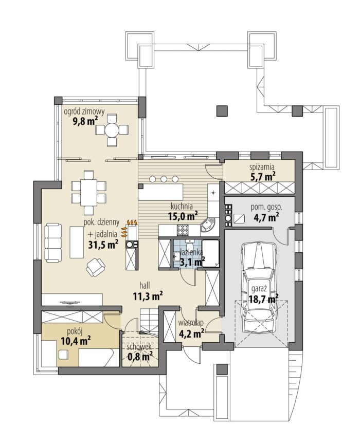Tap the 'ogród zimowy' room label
coord(84,111)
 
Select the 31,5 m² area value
coord(103,244)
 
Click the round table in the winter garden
coord(112,129)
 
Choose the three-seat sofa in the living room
coord(53,243)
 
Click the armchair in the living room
coord(95,266)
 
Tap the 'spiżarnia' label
coord(262,167)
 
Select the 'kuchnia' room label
coord(182,206)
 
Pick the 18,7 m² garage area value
coord(264,299)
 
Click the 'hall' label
coord(145,286)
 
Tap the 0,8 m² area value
coord(140,356)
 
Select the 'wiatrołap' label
coord(191,323)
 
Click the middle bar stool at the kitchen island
coord(164,179)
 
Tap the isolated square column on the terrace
coord(222,111)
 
